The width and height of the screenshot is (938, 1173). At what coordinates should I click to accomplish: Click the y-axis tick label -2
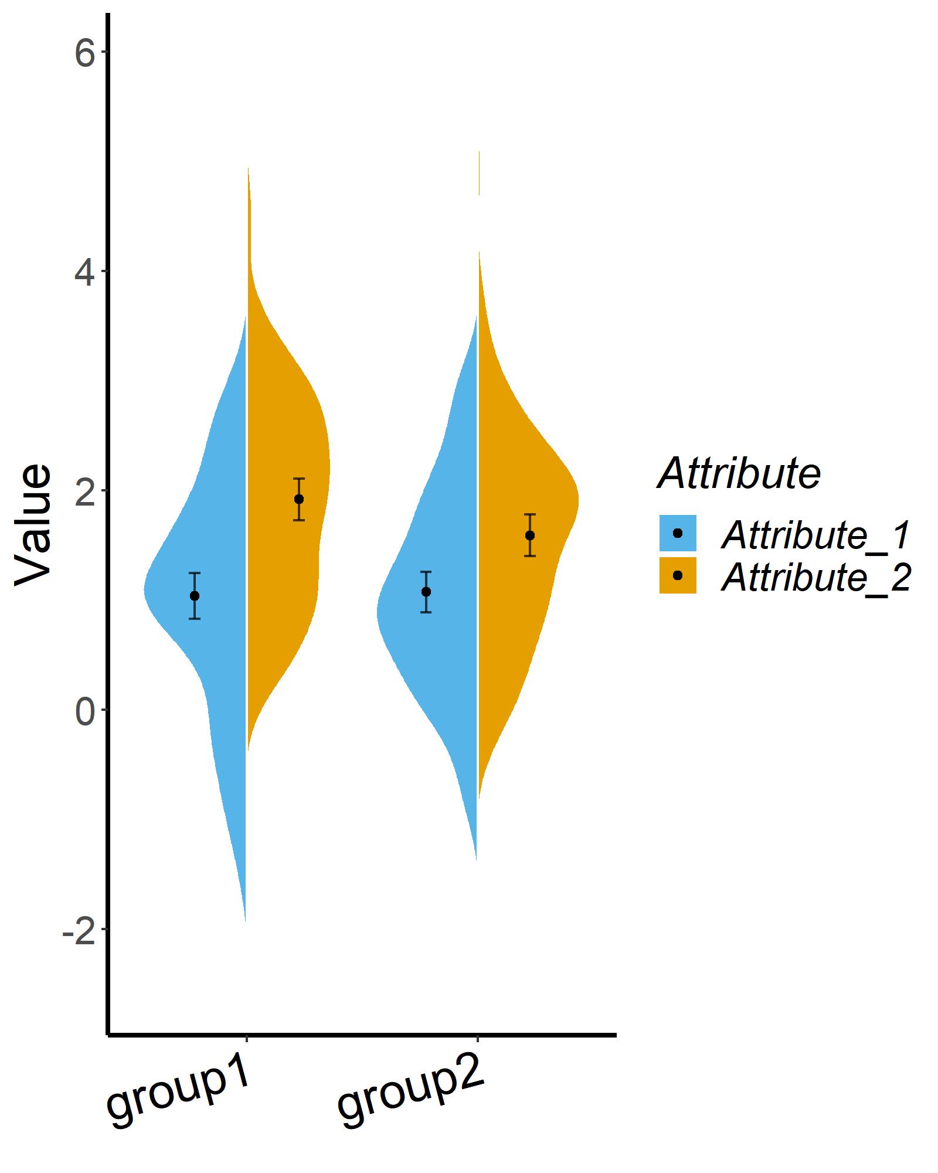pyautogui.click(x=77, y=930)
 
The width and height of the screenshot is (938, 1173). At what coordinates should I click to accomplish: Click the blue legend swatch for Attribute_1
pyautogui.click(x=678, y=533)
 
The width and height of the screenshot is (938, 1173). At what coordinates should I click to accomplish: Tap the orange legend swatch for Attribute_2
pyautogui.click(x=678, y=575)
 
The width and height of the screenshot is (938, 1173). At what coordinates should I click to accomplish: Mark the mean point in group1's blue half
pyautogui.click(x=195, y=596)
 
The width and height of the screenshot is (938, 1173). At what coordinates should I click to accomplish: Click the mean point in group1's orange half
pyautogui.click(x=299, y=499)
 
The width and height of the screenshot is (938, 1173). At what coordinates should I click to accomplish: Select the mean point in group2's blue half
pyautogui.click(x=426, y=592)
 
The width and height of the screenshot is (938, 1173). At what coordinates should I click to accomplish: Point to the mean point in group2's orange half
pyautogui.click(x=530, y=535)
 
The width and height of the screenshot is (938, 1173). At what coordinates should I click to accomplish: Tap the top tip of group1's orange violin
pyautogui.click(x=248, y=169)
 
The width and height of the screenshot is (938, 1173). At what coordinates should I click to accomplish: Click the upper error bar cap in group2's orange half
pyautogui.click(x=530, y=514)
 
